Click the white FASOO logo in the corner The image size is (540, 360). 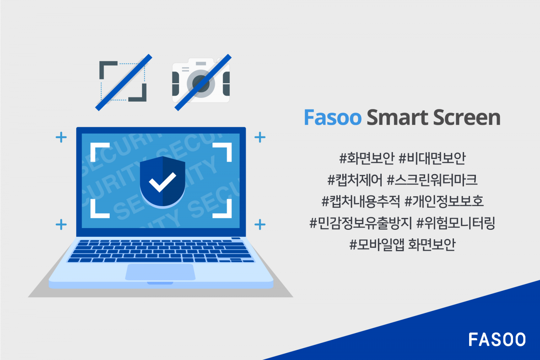[497, 339]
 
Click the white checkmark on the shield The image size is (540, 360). [162, 182]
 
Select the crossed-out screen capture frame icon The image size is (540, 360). [123, 82]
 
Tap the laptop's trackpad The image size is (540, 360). [160, 272]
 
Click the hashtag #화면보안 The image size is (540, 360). [367, 158]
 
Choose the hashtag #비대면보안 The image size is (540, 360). [432, 158]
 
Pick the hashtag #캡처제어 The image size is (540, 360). [355, 179]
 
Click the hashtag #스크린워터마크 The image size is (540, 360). [432, 179]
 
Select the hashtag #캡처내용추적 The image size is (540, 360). [360, 201]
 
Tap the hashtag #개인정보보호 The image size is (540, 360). [444, 201]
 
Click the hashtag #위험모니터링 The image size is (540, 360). [456, 223]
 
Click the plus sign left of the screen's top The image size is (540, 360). [61, 137]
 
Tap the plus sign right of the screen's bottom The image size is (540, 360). [260, 224]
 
